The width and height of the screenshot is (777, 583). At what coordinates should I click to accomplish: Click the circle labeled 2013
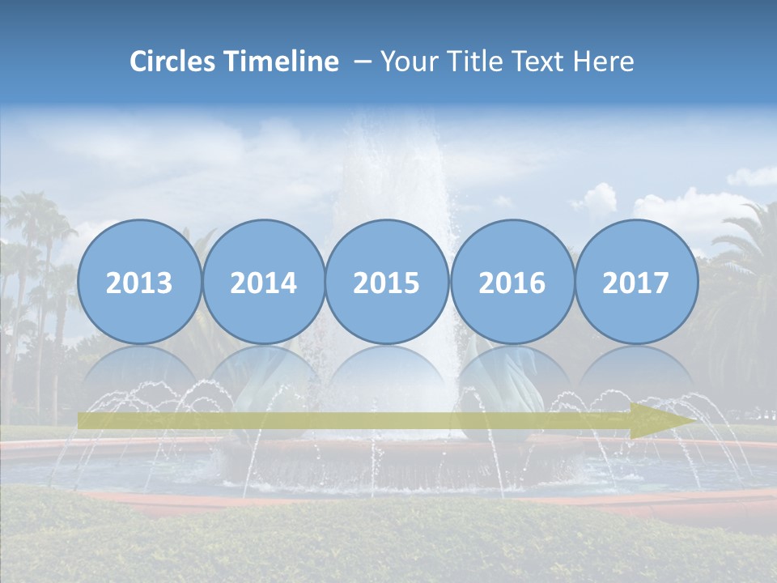coord(139,282)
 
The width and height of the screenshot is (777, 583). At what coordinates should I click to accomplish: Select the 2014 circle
coord(263,282)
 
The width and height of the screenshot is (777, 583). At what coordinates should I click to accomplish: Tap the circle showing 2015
coord(387,282)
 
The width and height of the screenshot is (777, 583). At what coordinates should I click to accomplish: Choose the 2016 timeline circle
coord(512,282)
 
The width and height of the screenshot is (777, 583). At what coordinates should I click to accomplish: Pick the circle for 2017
coord(636,282)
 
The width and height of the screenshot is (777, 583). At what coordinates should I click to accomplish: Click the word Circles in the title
coord(174,61)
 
